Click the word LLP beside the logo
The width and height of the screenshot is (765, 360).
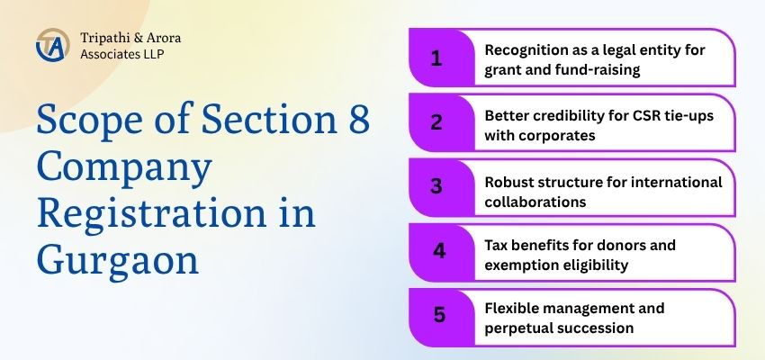pyautogui.click(x=151, y=54)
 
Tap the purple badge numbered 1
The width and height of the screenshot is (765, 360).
pyautogui.click(x=437, y=59)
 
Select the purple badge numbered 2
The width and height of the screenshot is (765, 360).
pyautogui.click(x=437, y=124)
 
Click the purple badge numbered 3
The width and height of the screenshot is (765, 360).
pyautogui.click(x=437, y=188)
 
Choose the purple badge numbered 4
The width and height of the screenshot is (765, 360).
pyautogui.click(x=437, y=252)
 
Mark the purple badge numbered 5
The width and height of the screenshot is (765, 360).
pyautogui.click(x=437, y=316)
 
